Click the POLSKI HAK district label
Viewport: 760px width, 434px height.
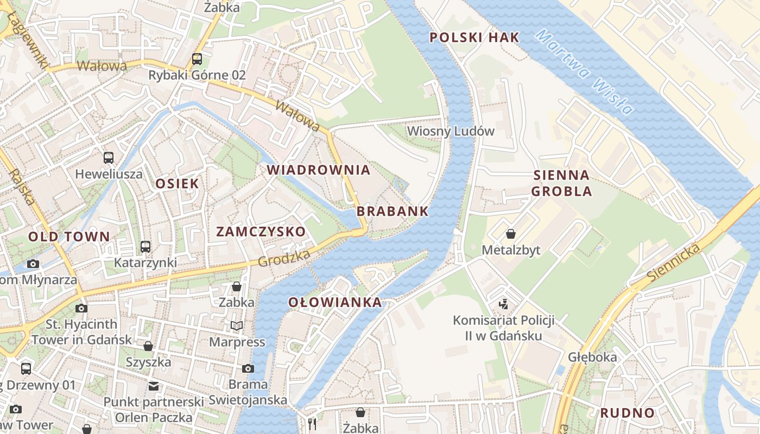tap(474, 37)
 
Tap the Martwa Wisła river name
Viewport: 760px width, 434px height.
tap(584, 72)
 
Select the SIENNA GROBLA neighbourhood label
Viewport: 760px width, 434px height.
tap(561, 183)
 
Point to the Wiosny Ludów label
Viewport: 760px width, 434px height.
tap(451, 131)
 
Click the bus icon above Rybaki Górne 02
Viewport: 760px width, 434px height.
tap(197, 59)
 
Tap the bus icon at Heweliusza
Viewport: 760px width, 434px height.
tap(109, 158)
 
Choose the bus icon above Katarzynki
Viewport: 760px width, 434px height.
tap(145, 247)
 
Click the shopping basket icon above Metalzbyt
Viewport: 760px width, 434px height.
tap(511, 234)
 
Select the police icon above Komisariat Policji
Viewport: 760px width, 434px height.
tap(504, 304)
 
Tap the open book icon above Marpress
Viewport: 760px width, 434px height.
tap(237, 325)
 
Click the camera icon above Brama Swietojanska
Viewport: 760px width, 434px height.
tap(248, 368)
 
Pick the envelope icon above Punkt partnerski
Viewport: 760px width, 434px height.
tap(154, 386)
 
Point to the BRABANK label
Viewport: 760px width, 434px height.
tap(393, 212)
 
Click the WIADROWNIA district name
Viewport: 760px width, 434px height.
tap(318, 170)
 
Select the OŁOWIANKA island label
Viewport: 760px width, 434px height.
tap(335, 303)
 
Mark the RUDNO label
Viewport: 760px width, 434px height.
tap(627, 413)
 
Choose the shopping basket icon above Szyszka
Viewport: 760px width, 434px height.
tap(148, 346)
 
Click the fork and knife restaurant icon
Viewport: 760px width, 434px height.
tap(312, 424)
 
